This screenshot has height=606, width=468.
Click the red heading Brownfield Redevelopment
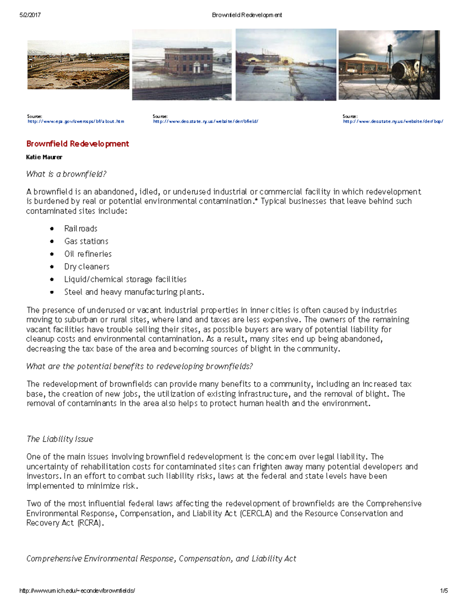coord(78,144)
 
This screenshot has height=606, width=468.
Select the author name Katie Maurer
coord(44,157)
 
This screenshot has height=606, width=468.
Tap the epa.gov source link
coord(76,121)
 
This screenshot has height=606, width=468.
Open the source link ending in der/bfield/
coord(206,121)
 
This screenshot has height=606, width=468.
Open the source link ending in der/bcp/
coord(393,121)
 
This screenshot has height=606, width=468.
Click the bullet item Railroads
coord(81,229)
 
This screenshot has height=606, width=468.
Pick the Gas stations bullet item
coord(86,241)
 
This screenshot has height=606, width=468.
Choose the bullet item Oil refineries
coord(88,254)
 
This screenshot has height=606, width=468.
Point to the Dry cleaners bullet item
coord(87,267)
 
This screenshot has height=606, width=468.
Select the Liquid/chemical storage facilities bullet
coord(125,279)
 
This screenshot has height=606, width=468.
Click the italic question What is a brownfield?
coord(66,174)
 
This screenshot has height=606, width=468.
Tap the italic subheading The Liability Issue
coord(60,439)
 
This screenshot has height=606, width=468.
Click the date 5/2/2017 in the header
coord(30,15)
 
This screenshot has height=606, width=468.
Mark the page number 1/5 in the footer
coord(444,591)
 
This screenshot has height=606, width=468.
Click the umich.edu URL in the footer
coord(77,591)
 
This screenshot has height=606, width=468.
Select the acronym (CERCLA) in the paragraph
coord(256,514)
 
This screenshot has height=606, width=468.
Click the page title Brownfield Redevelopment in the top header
coord(247,15)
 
